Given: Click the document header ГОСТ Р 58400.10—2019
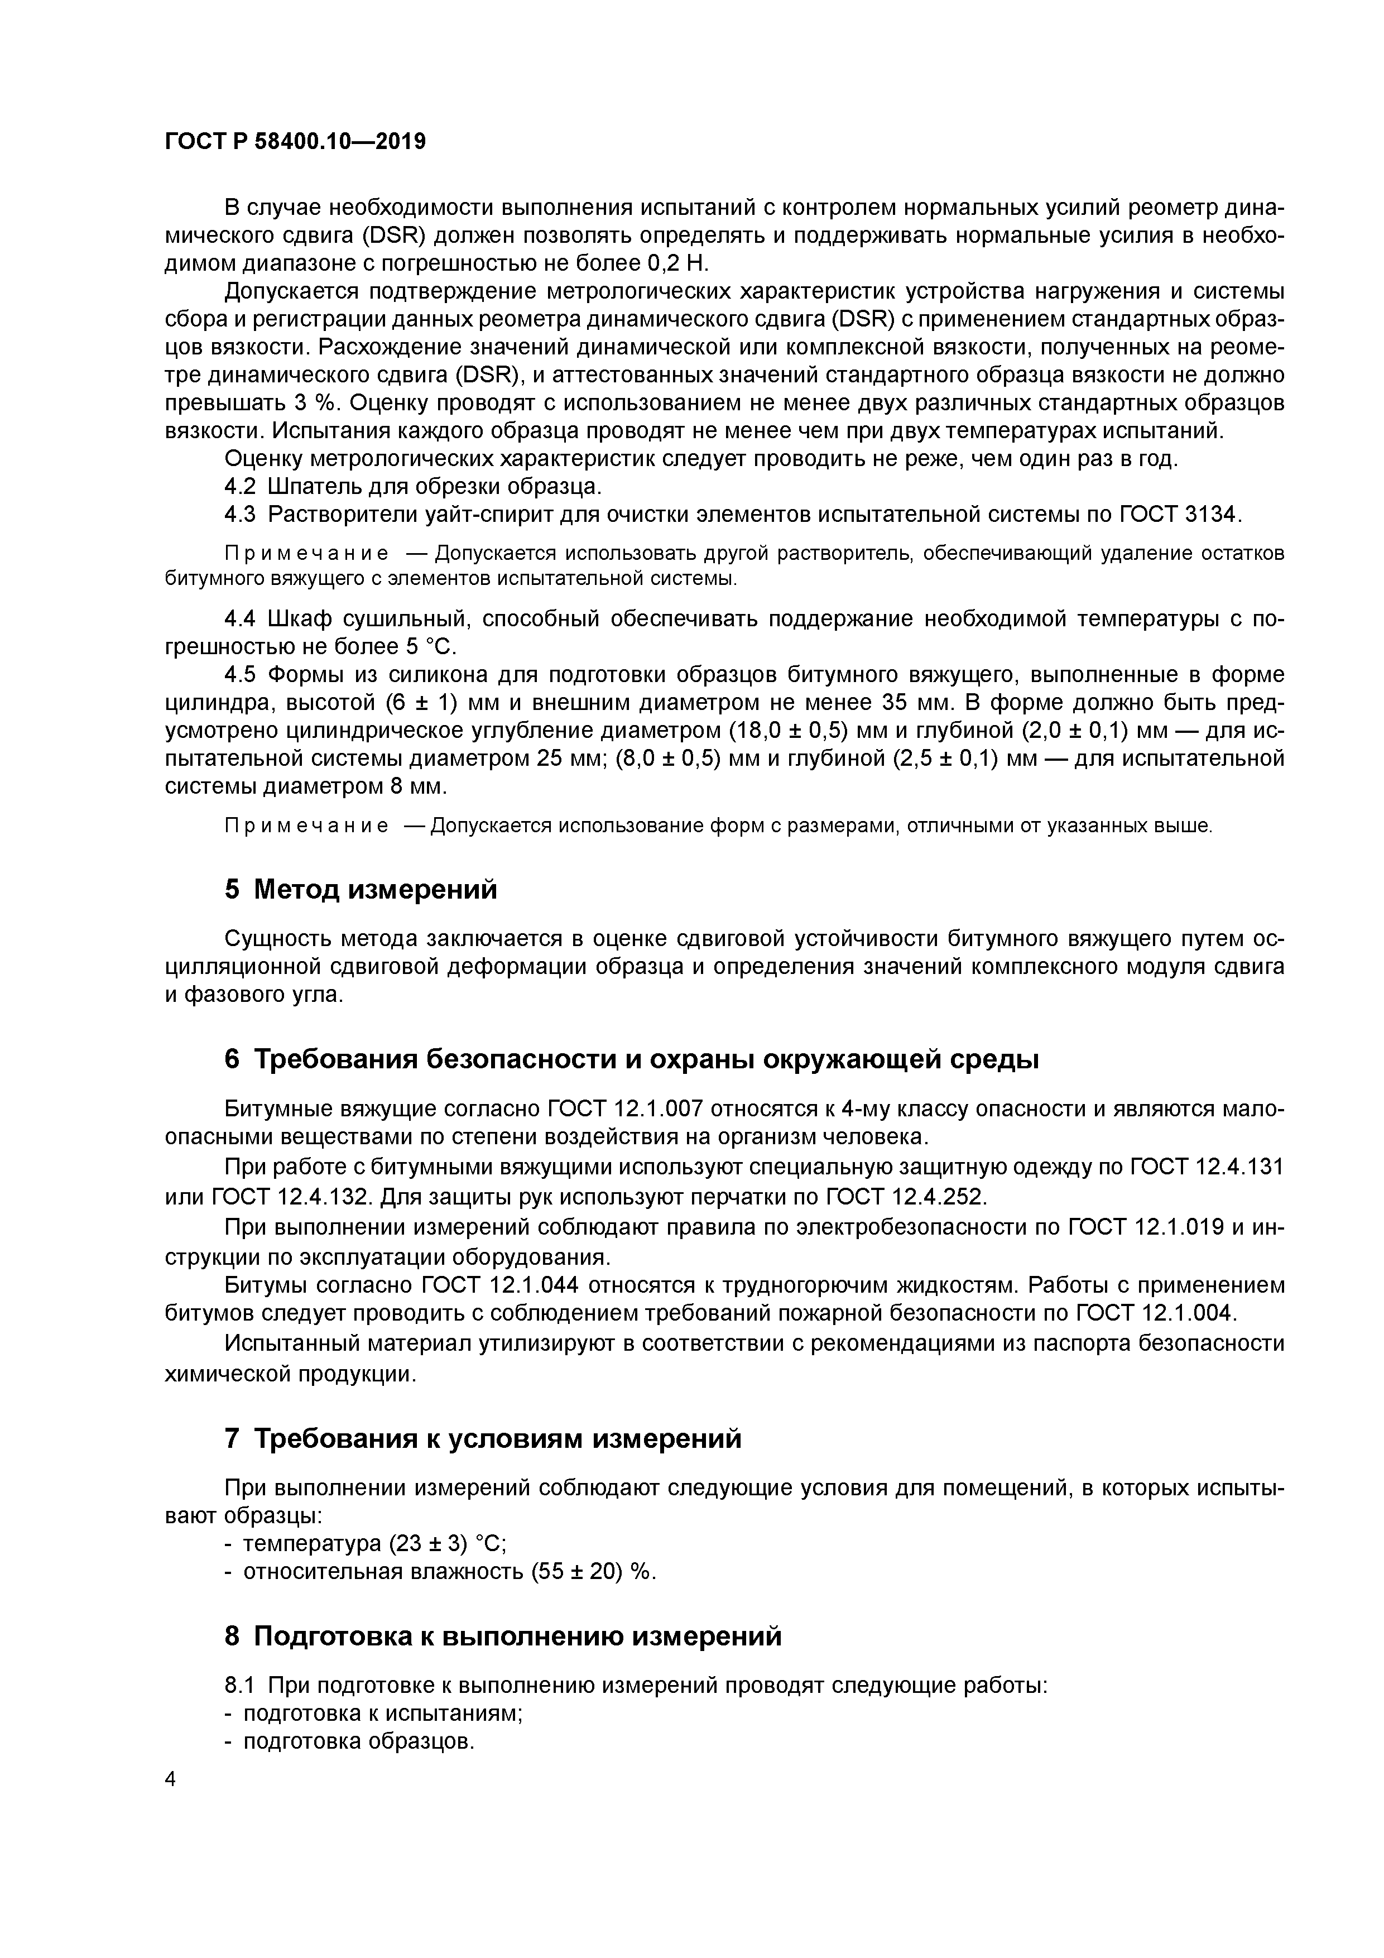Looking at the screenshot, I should click(295, 141).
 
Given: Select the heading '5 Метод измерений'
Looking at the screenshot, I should click(361, 890).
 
